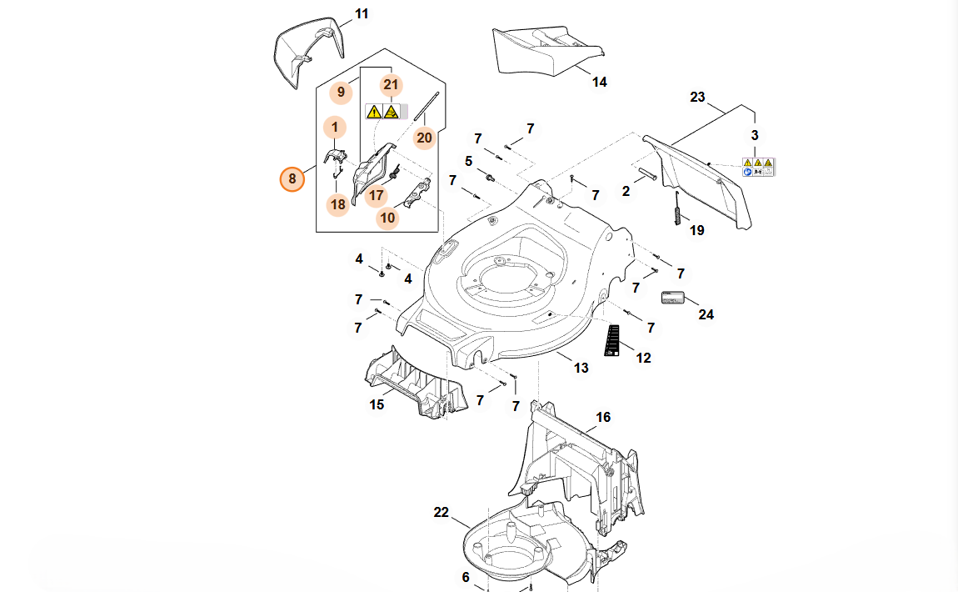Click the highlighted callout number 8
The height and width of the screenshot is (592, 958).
[292, 178]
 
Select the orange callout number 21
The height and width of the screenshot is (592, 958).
[392, 85]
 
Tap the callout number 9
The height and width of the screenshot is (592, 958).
[341, 92]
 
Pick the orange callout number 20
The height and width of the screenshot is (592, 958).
[425, 137]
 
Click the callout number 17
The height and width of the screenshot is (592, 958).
[377, 196]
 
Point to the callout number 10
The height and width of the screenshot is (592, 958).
[387, 218]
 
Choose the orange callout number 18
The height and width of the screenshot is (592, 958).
[337, 204]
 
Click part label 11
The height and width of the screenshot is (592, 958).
[362, 14]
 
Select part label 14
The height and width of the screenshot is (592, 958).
[600, 82]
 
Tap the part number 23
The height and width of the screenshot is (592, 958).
[698, 98]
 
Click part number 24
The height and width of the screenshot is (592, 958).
[706, 314]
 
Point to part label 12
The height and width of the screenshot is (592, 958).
[644, 358]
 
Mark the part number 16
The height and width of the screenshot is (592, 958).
[603, 417]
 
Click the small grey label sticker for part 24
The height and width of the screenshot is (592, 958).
[672, 297]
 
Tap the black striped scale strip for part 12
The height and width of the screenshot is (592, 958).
[613, 339]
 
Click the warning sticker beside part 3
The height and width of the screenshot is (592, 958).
[758, 166]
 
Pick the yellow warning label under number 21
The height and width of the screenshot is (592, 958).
[382, 111]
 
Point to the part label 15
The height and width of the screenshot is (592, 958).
[377, 404]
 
